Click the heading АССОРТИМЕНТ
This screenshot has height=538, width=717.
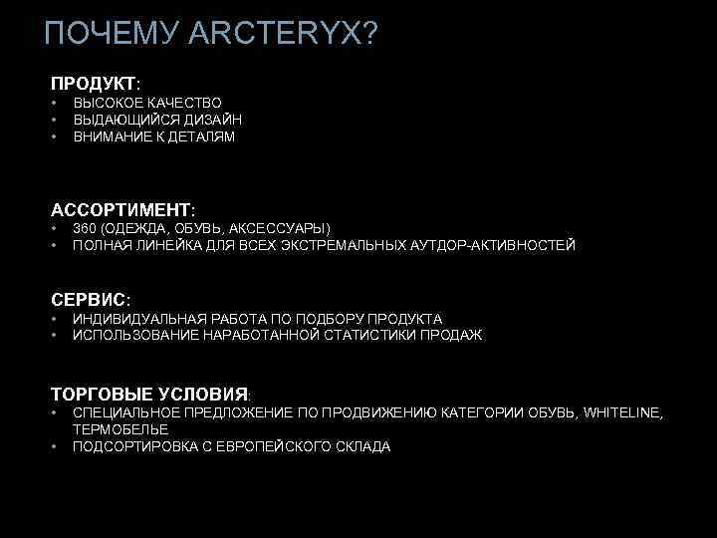(x=120, y=210)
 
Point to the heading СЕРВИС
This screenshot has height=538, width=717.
(x=89, y=298)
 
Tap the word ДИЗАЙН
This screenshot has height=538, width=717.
(x=213, y=120)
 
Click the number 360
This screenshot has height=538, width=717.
(x=84, y=228)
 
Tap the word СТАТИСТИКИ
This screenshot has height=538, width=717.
(x=374, y=335)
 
